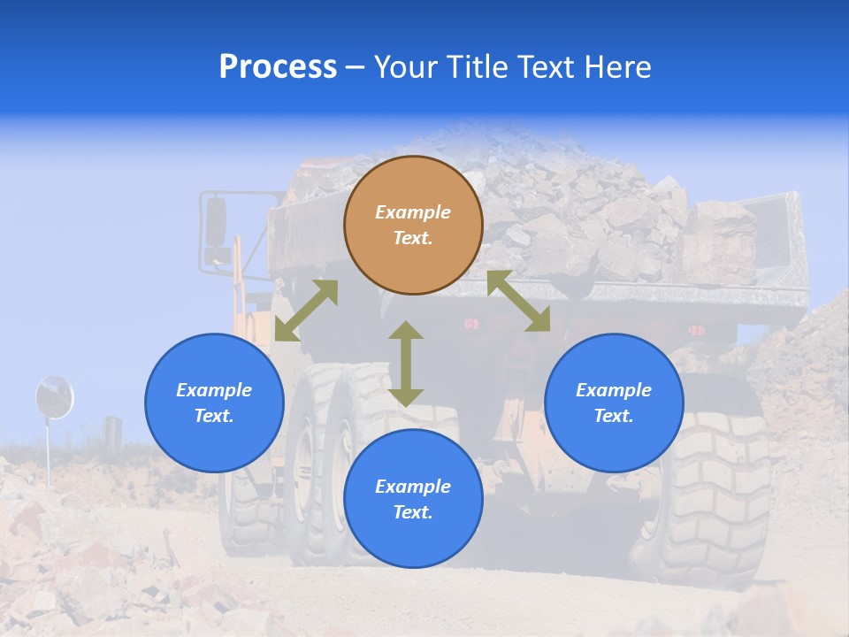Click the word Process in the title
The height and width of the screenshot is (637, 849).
278,67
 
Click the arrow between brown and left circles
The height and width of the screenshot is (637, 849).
306,311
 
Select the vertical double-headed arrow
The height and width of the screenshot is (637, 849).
406,364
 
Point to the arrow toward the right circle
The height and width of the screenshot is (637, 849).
519,301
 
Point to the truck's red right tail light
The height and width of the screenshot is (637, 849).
697,331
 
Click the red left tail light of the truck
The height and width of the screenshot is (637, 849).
471,325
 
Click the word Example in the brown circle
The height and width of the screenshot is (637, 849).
413,212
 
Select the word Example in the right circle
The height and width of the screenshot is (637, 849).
614,390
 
